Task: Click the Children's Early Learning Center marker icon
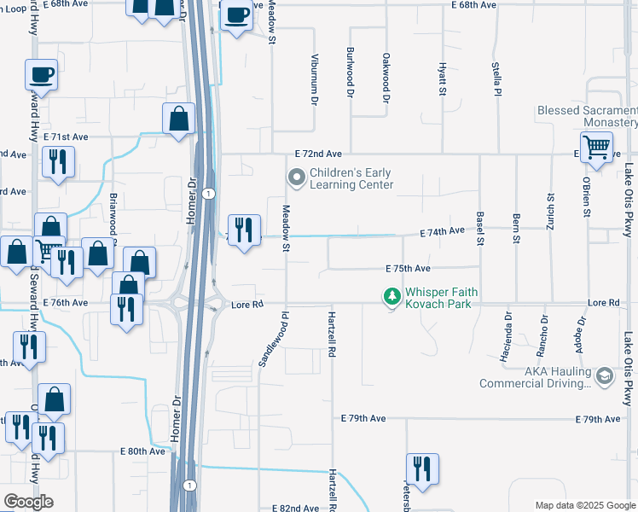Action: click(297, 178)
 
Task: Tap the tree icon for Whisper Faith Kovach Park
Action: click(392, 296)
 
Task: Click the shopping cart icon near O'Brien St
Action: click(596, 146)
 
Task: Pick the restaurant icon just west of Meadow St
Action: click(244, 230)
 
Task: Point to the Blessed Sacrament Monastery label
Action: click(587, 117)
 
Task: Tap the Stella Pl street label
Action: click(496, 79)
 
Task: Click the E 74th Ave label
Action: click(442, 231)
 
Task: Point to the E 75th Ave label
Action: click(408, 268)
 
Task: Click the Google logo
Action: click(28, 502)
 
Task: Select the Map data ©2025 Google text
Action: click(584, 505)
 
